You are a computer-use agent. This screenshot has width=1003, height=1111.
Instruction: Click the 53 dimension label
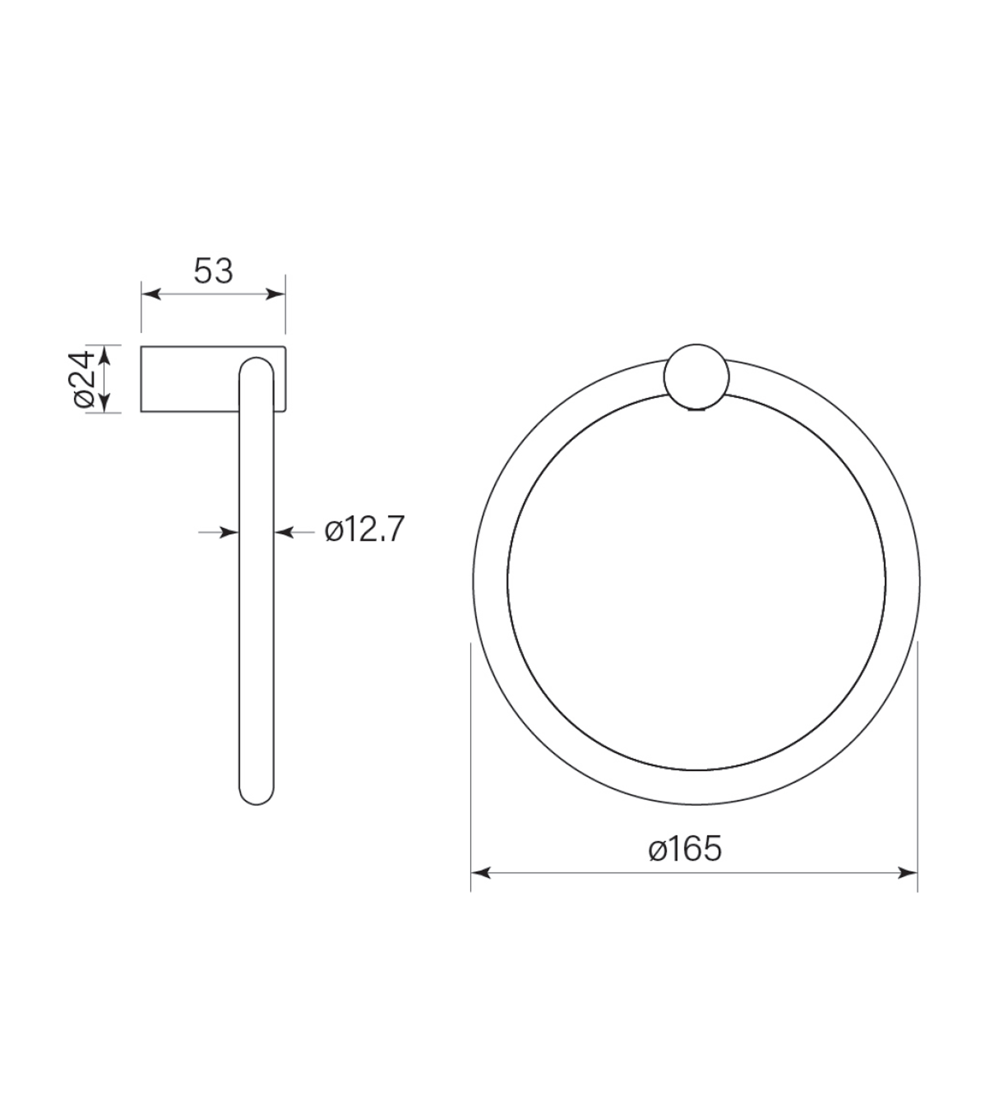(x=214, y=271)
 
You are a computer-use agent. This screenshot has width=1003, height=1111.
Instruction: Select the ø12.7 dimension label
(x=365, y=530)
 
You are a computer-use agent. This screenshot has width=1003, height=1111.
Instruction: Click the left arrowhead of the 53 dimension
(x=151, y=294)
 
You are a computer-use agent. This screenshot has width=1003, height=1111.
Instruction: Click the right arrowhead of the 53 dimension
(x=276, y=294)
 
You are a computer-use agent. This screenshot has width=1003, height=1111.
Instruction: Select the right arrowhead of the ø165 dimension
(x=907, y=873)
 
